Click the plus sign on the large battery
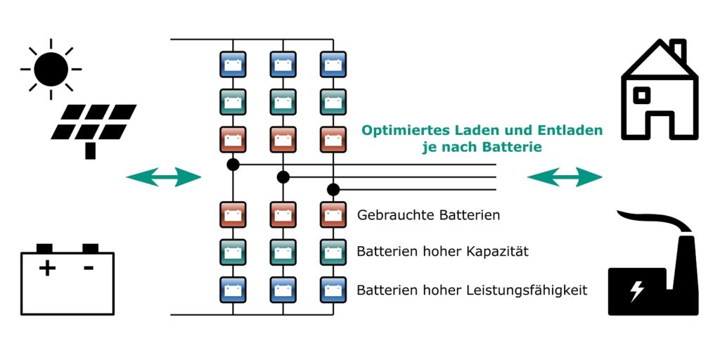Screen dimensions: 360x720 [47, 268]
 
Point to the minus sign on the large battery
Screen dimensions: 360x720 [89, 268]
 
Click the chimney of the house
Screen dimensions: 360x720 [677, 51]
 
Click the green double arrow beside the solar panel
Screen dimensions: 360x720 [164, 177]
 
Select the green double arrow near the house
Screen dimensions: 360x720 [565, 177]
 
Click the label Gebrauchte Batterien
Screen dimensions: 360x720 [428, 215]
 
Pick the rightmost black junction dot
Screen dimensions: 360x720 [333, 189]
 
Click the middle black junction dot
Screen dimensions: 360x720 [283, 176]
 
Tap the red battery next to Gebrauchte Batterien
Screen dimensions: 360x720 [333, 214]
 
